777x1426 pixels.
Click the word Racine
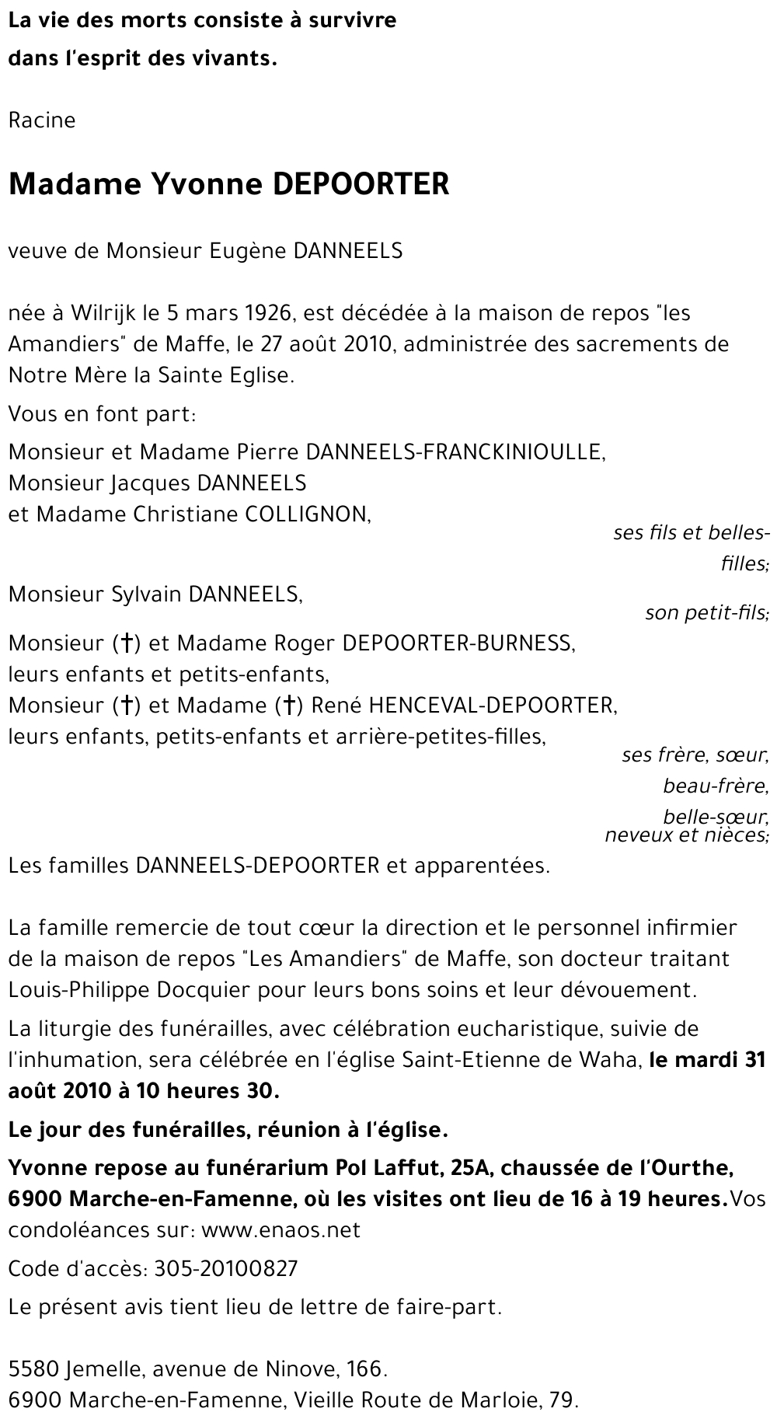click(x=42, y=120)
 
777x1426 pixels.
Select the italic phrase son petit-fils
click(x=706, y=613)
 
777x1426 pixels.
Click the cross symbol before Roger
click(x=126, y=643)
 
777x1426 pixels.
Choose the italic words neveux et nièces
click(x=686, y=835)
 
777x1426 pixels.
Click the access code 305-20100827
click(x=226, y=1269)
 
